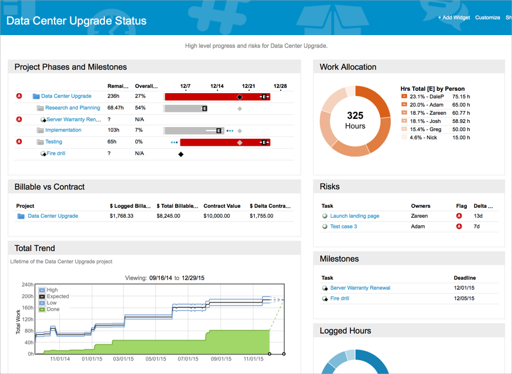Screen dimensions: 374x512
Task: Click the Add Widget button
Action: [454, 18]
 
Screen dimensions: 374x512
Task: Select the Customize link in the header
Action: [487, 18]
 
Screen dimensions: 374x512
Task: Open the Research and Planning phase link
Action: [72, 108]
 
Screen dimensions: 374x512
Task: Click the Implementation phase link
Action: [63, 130]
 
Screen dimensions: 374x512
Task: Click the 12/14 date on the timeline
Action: [217, 86]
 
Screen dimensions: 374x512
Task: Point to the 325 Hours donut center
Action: [355, 121]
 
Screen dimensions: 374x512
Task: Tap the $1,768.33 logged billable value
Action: [121, 216]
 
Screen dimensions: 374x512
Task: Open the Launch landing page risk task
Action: [354, 216]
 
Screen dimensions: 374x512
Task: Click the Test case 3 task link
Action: [343, 227]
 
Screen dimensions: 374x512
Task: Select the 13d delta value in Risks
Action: [478, 216]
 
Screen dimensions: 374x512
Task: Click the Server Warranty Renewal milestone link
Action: [360, 288]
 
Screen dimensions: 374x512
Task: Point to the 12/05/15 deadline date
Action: [465, 298]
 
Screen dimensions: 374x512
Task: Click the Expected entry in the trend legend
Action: [57, 297]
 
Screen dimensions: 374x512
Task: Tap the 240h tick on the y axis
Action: [27, 285]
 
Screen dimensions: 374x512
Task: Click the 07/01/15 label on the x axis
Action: [187, 359]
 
